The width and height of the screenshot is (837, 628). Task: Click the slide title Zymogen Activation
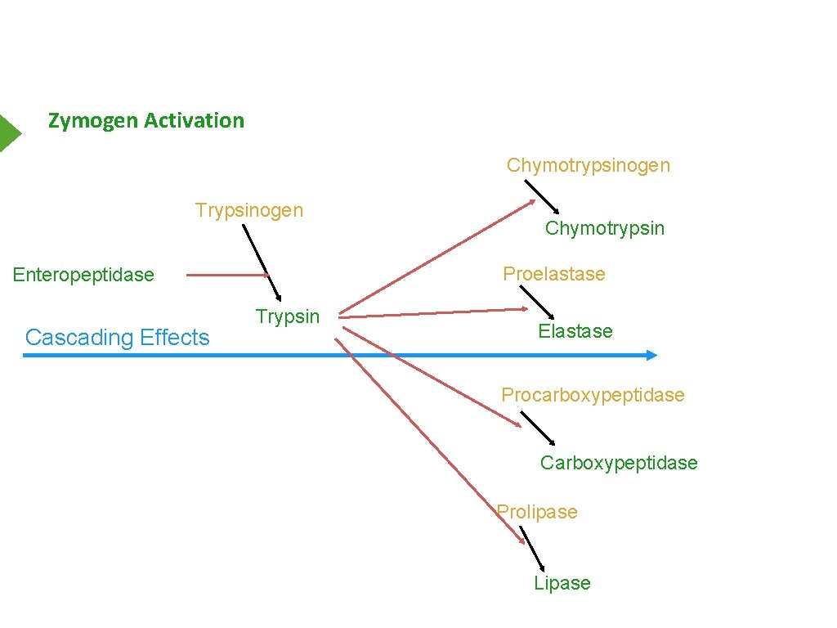click(x=146, y=121)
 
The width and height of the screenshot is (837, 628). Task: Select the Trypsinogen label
click(x=248, y=210)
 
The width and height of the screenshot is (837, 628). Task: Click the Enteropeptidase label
click(x=83, y=275)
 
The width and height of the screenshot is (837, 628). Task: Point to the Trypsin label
click(x=287, y=316)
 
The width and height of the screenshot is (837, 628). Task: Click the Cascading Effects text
click(x=118, y=338)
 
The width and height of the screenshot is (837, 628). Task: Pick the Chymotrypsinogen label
click(x=588, y=165)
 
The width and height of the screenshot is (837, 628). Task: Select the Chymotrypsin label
click(x=605, y=228)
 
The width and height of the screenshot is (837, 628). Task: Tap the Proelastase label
click(x=554, y=274)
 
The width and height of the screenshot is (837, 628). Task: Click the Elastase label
click(x=575, y=331)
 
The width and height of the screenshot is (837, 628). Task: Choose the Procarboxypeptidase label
click(x=593, y=395)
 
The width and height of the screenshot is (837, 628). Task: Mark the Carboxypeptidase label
click(x=619, y=463)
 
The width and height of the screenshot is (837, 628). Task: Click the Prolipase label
click(x=537, y=512)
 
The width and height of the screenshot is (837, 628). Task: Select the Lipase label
click(x=562, y=583)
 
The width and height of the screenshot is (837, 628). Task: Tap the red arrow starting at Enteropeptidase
click(x=226, y=276)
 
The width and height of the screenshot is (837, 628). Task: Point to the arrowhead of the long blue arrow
click(x=651, y=355)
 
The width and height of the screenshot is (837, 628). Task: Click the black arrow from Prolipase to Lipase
click(x=532, y=549)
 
